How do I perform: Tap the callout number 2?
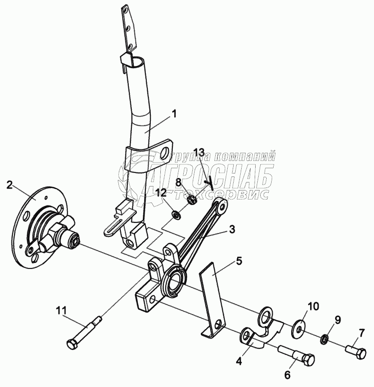click(9, 185)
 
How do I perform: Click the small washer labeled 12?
click(176, 215)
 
